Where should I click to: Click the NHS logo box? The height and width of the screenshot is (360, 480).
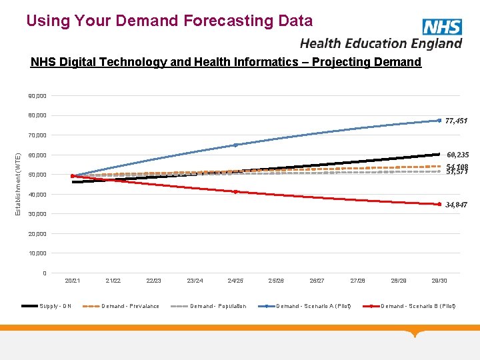[x=442, y=27]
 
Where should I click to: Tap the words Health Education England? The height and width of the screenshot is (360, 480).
[x=381, y=43]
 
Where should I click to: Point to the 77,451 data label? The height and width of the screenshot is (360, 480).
[x=457, y=121]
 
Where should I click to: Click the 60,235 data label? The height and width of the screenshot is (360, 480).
[x=457, y=155]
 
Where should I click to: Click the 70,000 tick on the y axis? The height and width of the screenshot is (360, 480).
[x=37, y=135]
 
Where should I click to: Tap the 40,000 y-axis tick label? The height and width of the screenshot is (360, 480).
[x=37, y=195]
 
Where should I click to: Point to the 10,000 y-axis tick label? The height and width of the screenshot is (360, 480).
[x=37, y=253]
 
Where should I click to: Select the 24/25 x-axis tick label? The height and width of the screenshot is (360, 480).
[x=235, y=281]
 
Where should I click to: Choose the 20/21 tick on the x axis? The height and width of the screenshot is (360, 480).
[x=73, y=281]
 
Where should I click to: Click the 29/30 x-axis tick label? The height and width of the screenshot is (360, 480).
[x=439, y=281]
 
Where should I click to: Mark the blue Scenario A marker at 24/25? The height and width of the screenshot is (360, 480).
[x=235, y=145]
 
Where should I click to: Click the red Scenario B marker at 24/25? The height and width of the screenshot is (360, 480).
[x=235, y=192]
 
